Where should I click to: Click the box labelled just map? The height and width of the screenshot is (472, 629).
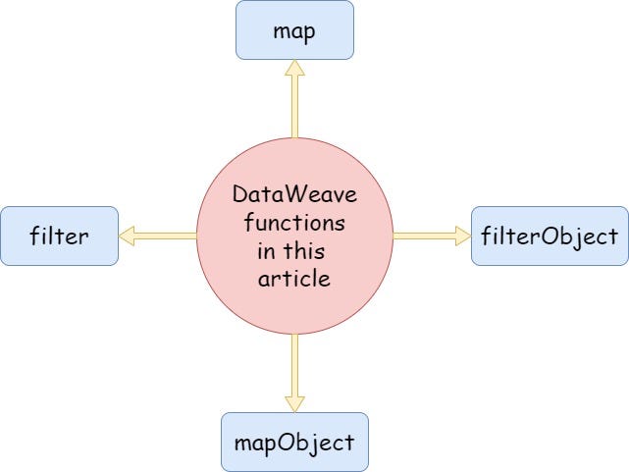click(x=294, y=29)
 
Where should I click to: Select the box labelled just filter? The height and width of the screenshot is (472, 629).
click(x=60, y=236)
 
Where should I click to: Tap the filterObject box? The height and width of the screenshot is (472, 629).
click(x=550, y=236)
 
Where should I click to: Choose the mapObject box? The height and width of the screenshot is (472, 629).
click(x=294, y=441)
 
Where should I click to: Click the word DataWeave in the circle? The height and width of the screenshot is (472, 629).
click(x=294, y=195)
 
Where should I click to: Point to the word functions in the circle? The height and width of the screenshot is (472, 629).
click(x=294, y=224)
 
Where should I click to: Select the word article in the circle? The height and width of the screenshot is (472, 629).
click(x=294, y=280)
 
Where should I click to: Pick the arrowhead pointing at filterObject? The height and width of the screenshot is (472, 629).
click(x=461, y=236)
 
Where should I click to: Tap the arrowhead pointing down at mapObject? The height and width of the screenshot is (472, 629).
click(x=294, y=402)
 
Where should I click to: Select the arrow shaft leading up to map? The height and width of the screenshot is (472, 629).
click(x=294, y=108)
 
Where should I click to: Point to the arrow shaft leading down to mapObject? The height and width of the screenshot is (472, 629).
click(x=294, y=363)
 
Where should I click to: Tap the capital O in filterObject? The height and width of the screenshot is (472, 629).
click(x=538, y=236)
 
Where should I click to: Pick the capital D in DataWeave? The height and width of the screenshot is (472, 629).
click(x=240, y=195)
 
